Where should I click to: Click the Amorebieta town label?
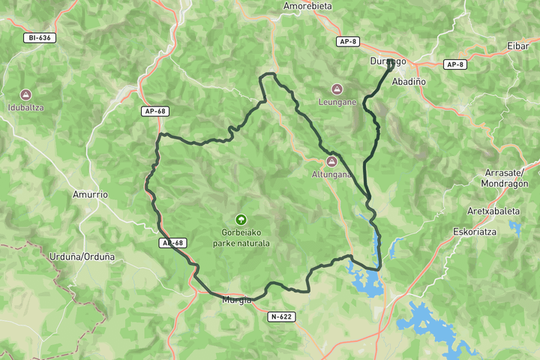click(307, 6)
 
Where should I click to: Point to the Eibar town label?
click(518, 46)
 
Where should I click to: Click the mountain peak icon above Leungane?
click(336, 88)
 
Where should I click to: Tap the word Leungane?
click(337, 102)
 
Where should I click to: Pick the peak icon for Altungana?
click(331, 162)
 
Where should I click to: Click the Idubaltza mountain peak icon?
click(26, 94)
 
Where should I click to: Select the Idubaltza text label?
click(26, 107)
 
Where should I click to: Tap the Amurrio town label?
click(90, 194)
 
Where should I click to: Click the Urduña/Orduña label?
click(82, 256)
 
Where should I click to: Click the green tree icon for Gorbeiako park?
click(241, 220)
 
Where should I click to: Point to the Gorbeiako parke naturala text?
click(241, 238)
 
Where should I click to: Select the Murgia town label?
click(238, 301)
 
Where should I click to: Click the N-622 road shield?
click(281, 316)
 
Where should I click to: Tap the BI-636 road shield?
click(40, 37)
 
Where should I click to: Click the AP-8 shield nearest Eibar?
click(455, 64)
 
